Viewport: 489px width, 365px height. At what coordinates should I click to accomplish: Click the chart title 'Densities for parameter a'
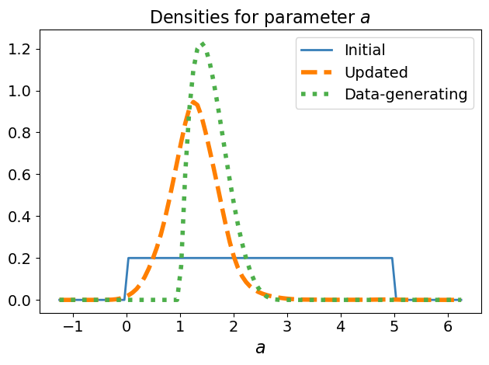[260, 16]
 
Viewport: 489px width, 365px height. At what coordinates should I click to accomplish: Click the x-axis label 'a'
[260, 348]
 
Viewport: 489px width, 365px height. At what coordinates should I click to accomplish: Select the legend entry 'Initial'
[365, 50]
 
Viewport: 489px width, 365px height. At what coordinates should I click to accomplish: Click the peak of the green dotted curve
[202, 43]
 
